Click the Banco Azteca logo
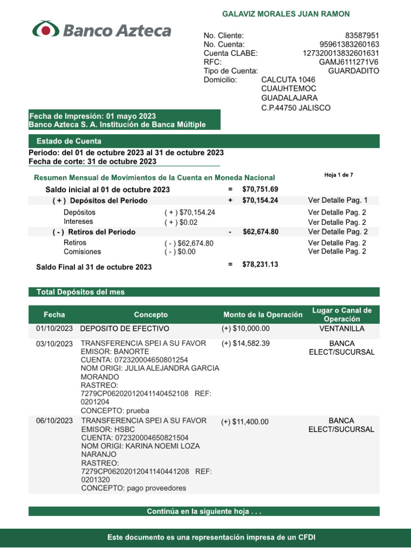(102, 30)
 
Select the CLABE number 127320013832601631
(341, 53)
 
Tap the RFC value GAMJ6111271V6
(349, 62)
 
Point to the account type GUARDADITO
(353, 71)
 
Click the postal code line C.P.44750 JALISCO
(295, 108)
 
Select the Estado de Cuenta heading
(69, 141)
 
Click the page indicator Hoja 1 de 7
(339, 175)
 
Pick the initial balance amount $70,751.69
(260, 189)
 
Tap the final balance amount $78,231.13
(260, 264)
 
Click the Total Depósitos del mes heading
(80, 292)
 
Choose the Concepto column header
(150, 315)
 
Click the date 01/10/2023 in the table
(54, 329)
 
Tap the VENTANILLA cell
(341, 329)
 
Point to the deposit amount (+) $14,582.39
(246, 343)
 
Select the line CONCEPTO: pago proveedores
(134, 488)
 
